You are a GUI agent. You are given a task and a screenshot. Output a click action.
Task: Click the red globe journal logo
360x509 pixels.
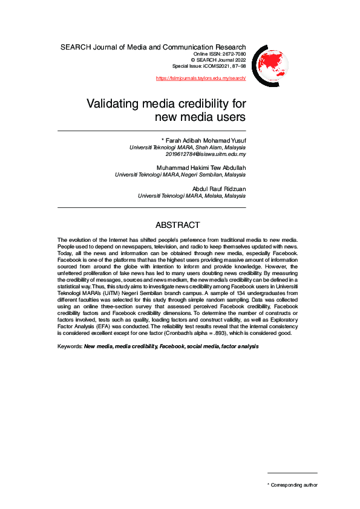tap(270, 62)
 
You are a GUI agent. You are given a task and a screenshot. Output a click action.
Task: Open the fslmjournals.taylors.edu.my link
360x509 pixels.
tap(201, 79)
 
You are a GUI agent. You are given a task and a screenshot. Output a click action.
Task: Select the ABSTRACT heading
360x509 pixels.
tap(178, 225)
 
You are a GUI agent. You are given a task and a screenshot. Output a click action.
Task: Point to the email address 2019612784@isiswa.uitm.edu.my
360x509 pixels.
tap(206, 154)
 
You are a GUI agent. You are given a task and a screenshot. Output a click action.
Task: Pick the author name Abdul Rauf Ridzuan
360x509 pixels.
tap(215, 189)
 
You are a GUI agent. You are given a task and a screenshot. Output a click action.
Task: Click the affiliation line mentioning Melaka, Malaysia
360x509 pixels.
tap(192, 196)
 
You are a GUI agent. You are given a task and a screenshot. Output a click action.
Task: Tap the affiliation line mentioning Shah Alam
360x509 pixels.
tap(188, 148)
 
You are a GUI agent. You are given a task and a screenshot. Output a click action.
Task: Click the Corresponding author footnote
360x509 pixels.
tap(294, 485)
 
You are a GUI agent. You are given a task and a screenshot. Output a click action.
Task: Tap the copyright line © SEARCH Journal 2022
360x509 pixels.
tap(219, 60)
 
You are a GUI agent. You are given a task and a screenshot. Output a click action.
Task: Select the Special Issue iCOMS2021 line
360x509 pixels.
tap(209, 66)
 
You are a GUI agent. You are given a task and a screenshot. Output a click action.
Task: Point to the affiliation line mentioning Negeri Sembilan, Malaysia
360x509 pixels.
tap(180, 175)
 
